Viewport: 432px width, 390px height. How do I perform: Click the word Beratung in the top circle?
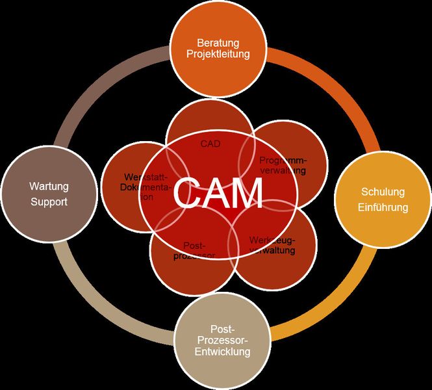pos(218,42)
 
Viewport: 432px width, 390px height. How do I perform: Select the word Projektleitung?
pos(218,54)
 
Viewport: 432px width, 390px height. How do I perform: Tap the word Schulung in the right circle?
pos(383,192)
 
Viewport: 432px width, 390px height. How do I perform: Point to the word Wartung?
pos(49,187)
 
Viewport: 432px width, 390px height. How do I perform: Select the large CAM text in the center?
pos(218,193)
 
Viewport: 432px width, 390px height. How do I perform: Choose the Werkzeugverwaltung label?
pos(273,245)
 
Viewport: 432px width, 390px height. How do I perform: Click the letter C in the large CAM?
pos(187,193)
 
